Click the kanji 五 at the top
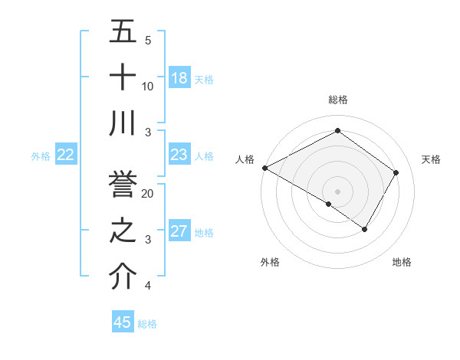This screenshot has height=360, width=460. pyautogui.click(x=123, y=33)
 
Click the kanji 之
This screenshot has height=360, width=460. pyautogui.click(x=123, y=231)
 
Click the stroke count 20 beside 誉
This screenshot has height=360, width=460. pyautogui.click(x=148, y=194)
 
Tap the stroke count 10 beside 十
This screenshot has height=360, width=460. pyautogui.click(x=148, y=86)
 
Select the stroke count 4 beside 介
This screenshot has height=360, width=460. pyautogui.click(x=148, y=286)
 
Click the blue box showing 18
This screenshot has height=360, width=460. pyautogui.click(x=179, y=78)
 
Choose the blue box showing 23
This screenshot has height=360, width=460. pyautogui.click(x=179, y=155)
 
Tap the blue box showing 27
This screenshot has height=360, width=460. pyautogui.click(x=179, y=231)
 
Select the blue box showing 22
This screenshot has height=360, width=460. pyautogui.click(x=65, y=155)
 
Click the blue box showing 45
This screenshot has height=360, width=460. pyautogui.click(x=123, y=322)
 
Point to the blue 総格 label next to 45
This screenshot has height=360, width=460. pyautogui.click(x=147, y=324)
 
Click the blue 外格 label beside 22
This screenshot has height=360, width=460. pyautogui.click(x=41, y=156)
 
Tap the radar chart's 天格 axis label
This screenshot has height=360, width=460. pyautogui.click(x=431, y=159)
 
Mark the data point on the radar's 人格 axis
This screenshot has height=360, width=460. pyautogui.click(x=264, y=168)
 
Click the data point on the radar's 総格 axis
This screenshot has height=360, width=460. pyautogui.click(x=337, y=131)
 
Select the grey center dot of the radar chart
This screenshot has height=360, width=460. pyautogui.click(x=337, y=190)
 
